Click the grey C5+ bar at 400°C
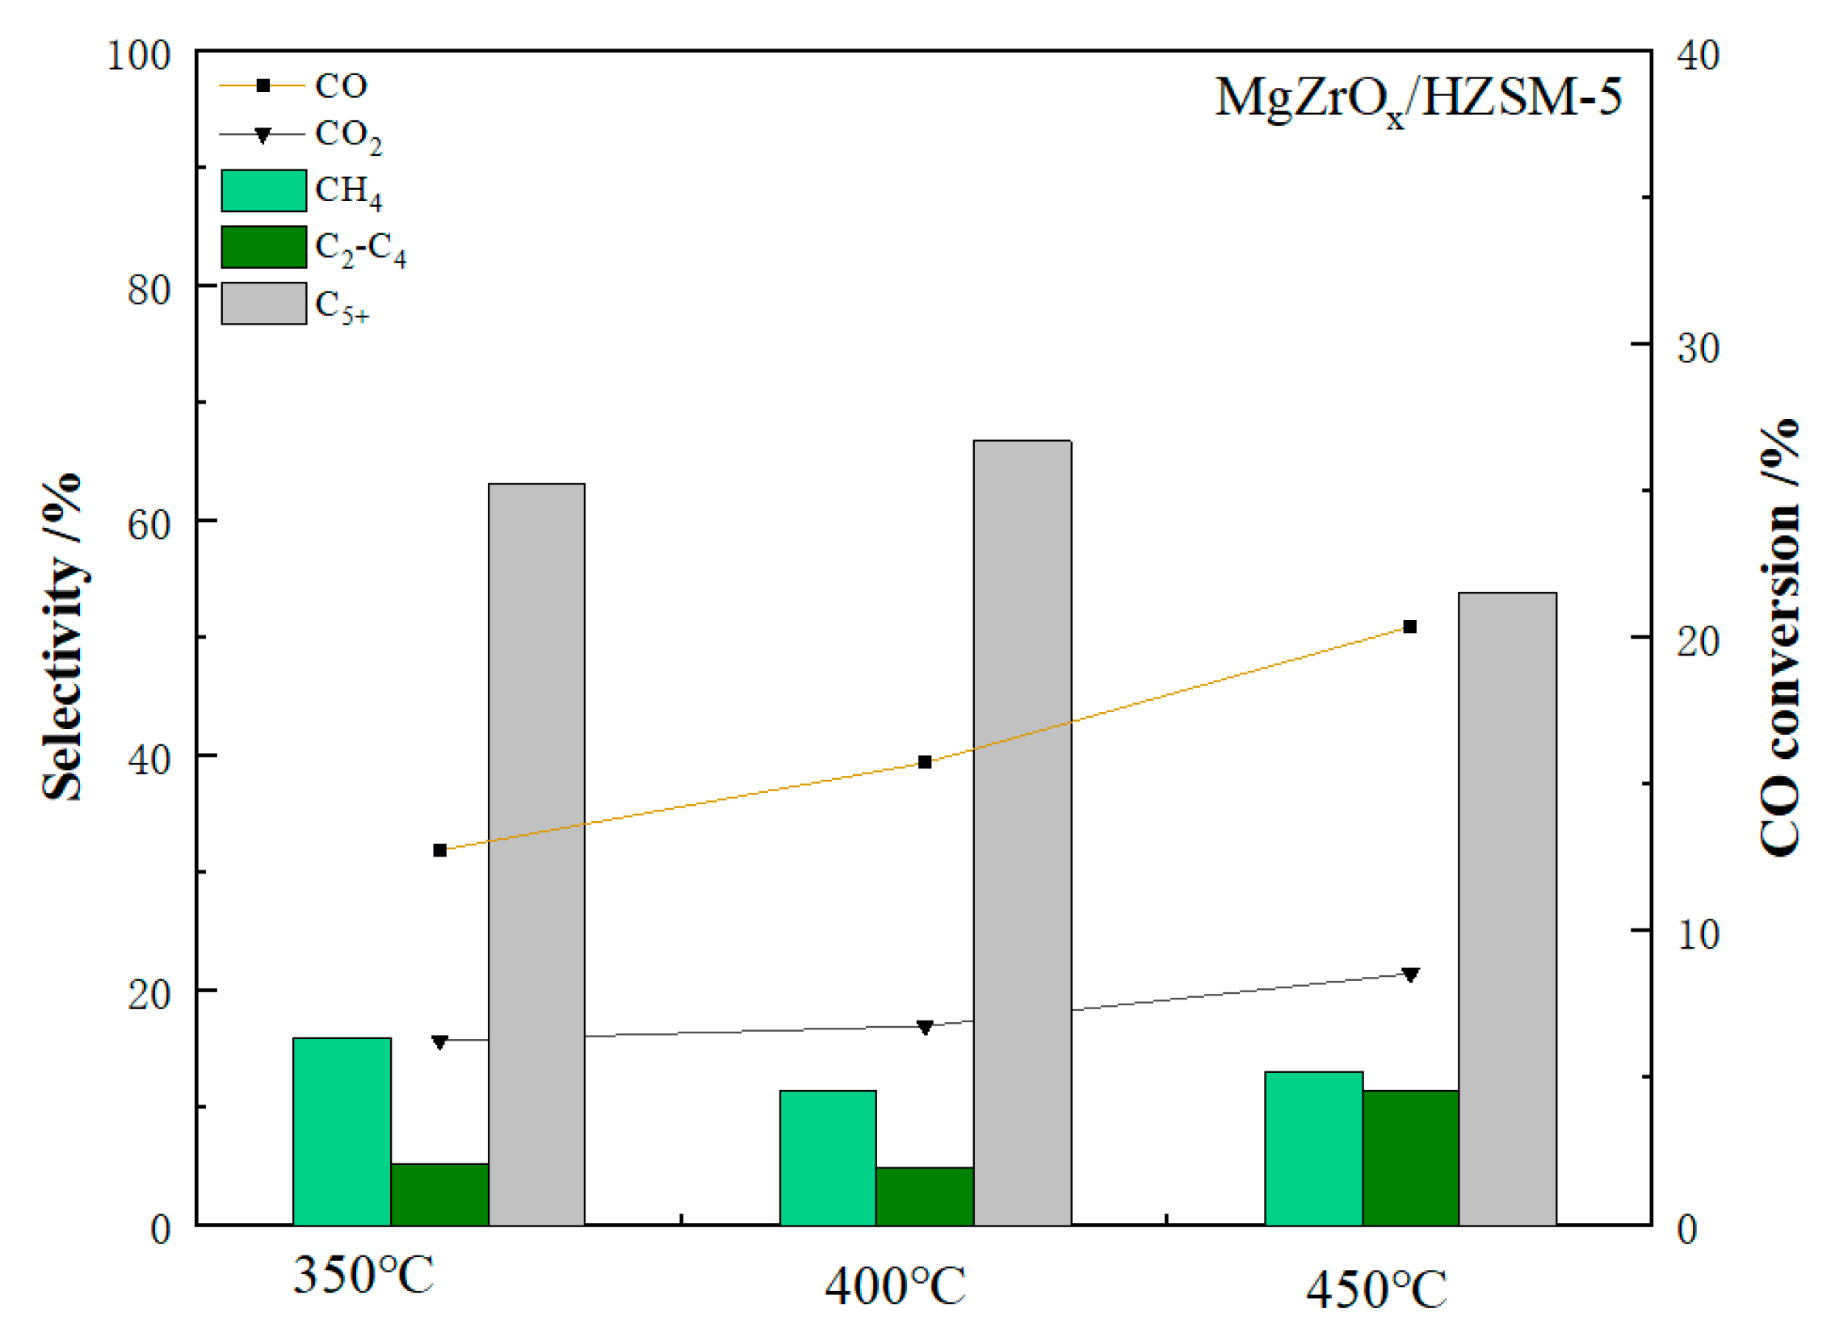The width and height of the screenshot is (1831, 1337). (x=1023, y=833)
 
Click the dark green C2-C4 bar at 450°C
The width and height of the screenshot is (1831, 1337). (x=1410, y=1158)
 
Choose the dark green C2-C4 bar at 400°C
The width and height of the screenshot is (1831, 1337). (x=925, y=1197)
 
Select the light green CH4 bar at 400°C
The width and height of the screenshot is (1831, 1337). (x=828, y=1158)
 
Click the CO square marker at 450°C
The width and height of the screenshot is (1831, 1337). (x=1410, y=627)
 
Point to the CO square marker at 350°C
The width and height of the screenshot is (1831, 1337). (x=439, y=850)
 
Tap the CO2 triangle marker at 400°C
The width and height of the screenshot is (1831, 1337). (x=925, y=1027)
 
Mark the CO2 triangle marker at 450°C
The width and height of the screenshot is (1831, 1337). (x=1410, y=974)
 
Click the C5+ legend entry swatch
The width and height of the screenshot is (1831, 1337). (x=264, y=304)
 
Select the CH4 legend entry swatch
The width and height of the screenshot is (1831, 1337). (x=264, y=191)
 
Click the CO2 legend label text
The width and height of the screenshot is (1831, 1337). (x=347, y=135)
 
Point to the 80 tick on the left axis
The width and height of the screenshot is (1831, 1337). (x=149, y=290)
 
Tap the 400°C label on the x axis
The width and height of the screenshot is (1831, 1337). (x=894, y=1286)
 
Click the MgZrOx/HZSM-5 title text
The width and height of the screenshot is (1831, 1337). (x=1417, y=99)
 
